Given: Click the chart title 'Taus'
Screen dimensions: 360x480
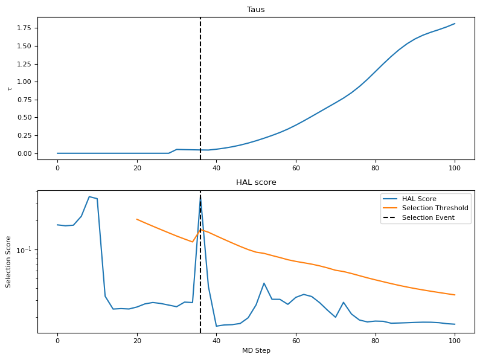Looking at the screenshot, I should [x=256, y=10].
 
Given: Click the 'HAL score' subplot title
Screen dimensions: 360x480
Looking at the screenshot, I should [x=256, y=182].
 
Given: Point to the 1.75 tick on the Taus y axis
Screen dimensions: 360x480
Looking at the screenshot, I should [x=24, y=28].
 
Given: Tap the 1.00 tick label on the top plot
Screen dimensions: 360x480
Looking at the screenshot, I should [x=24, y=82].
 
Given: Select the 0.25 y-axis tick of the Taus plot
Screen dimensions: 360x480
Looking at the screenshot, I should [x=24, y=135].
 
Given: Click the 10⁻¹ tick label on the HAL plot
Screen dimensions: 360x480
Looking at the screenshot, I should [x=27, y=250].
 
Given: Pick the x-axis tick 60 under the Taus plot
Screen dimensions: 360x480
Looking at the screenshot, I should [x=296, y=169].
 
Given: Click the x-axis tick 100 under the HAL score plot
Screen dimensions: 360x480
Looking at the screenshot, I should [x=455, y=341].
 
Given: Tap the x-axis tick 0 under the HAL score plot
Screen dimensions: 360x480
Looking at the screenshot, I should [x=57, y=341].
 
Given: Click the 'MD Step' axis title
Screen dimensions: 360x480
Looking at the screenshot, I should [x=256, y=351].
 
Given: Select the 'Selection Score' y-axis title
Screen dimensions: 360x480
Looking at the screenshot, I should [x=9, y=262].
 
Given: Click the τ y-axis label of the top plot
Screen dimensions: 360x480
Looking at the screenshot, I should [x=9, y=88].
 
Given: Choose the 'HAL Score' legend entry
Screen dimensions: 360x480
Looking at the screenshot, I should [x=419, y=199].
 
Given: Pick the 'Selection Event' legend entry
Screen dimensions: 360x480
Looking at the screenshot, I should [x=428, y=218].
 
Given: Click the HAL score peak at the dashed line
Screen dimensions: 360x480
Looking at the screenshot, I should [x=200, y=199].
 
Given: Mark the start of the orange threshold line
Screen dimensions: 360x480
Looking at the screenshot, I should [x=137, y=219].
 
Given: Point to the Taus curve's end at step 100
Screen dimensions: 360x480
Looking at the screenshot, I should [x=455, y=24].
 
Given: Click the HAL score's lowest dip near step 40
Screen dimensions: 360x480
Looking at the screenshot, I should [x=216, y=326].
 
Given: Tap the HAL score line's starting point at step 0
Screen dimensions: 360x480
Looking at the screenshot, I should [x=57, y=225].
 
